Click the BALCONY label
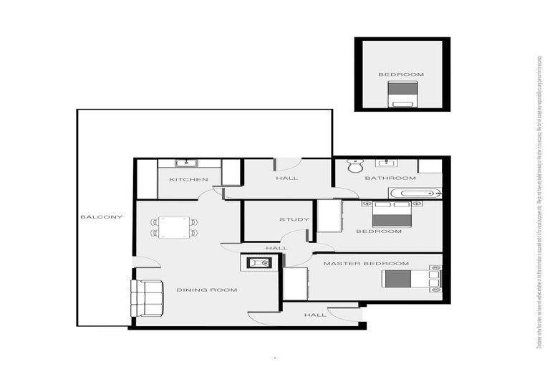tap(101, 217)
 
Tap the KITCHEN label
tap(188, 179)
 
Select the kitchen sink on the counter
tap(190, 163)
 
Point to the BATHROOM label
tap(390, 178)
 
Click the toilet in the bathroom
tap(353, 167)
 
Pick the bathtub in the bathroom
tap(415, 193)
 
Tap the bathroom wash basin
tap(387, 163)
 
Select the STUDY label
tap(294, 220)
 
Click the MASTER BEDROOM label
tap(366, 264)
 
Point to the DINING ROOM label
tap(207, 290)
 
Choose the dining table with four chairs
tap(174, 228)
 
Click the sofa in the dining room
tap(147, 297)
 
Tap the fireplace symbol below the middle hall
tap(259, 262)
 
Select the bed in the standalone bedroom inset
tap(402, 94)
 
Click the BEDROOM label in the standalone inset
tap(401, 75)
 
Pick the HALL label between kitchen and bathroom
tap(286, 178)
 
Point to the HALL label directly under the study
tap(276, 248)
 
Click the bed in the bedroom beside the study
tap(392, 214)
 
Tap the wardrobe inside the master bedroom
tap(295, 283)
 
